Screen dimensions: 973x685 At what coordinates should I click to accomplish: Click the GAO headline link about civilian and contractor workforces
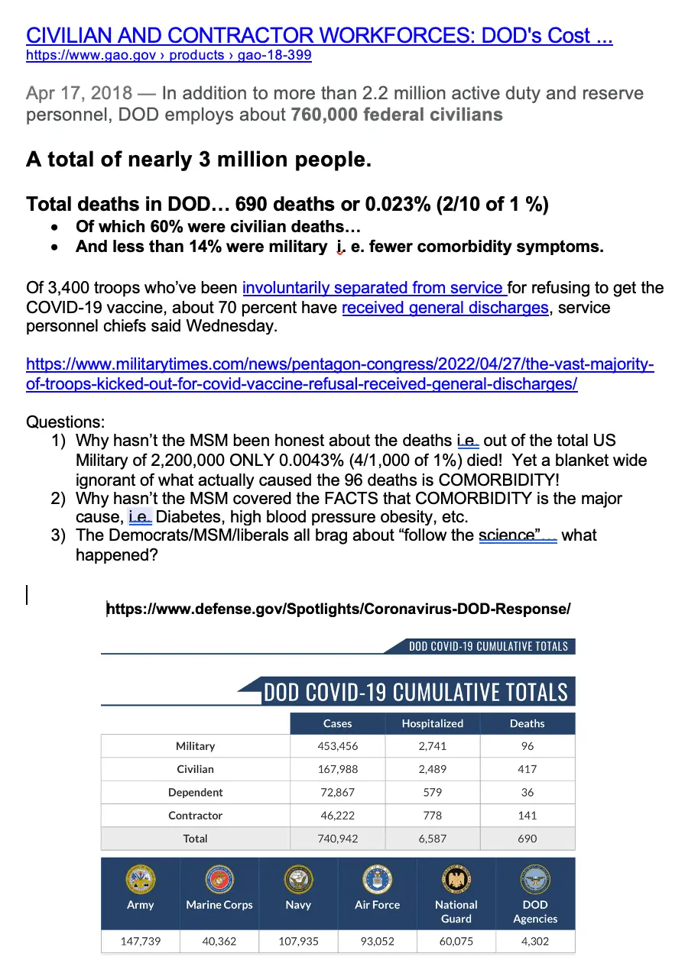click(x=319, y=35)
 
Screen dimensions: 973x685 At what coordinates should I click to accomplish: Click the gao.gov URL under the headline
click(x=168, y=55)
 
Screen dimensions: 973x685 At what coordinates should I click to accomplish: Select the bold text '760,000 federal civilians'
click(x=397, y=115)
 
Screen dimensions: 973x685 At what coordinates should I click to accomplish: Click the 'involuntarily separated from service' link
click(x=374, y=288)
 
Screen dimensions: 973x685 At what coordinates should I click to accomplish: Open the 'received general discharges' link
click(x=445, y=308)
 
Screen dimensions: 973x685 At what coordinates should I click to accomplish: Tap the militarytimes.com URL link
click(x=339, y=374)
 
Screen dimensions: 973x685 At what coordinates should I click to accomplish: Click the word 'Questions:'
click(x=66, y=422)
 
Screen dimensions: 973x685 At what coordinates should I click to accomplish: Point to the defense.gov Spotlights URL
click(x=339, y=609)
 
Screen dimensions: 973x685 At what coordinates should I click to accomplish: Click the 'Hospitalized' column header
click(x=433, y=723)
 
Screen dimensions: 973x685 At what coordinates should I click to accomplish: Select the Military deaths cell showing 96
click(x=528, y=746)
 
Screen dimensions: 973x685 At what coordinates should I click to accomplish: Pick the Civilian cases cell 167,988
click(x=338, y=769)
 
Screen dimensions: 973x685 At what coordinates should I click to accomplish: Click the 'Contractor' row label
click(x=195, y=816)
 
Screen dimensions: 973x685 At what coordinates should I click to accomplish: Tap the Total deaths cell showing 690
click(x=528, y=839)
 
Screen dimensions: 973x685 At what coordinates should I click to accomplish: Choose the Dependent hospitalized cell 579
click(x=433, y=792)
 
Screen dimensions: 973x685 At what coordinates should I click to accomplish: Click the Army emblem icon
click(x=141, y=880)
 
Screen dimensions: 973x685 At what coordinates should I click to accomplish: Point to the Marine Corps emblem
click(x=219, y=880)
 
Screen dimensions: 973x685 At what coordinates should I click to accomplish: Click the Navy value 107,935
click(x=298, y=941)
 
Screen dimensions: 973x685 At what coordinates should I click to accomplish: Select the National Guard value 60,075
click(x=456, y=941)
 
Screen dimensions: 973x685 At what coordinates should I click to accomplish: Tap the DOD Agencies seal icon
click(x=535, y=880)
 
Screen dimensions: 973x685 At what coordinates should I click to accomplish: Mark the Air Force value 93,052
click(x=378, y=941)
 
